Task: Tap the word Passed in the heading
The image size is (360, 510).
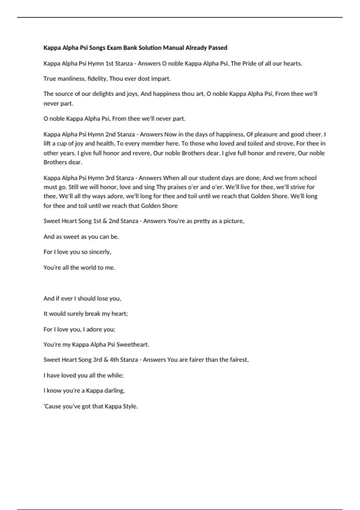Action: coord(218,48)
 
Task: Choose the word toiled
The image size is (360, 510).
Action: coord(247,143)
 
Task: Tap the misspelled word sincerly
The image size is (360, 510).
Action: coord(100,252)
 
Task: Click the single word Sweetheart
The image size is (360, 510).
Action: coord(133,345)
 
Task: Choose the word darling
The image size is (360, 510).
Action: coord(114,391)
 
